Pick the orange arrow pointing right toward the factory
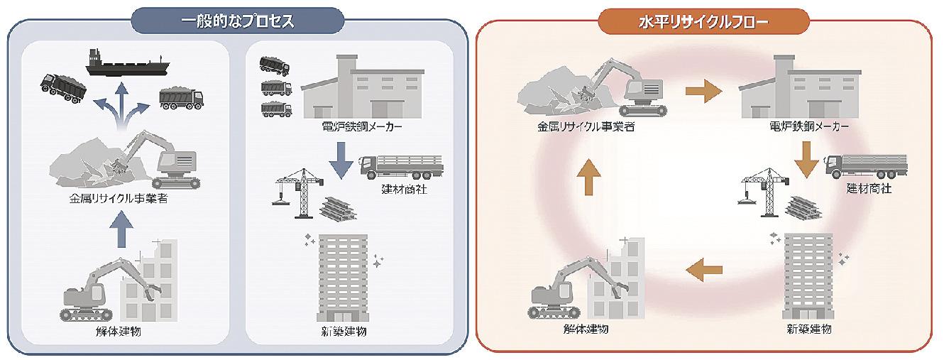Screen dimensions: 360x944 point(703,92)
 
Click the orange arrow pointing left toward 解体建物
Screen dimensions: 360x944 point(704,269)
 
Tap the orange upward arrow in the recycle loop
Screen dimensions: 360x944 point(588,178)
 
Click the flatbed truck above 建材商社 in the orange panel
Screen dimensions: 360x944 point(866,168)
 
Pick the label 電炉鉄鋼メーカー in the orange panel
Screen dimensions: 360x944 point(808,128)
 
